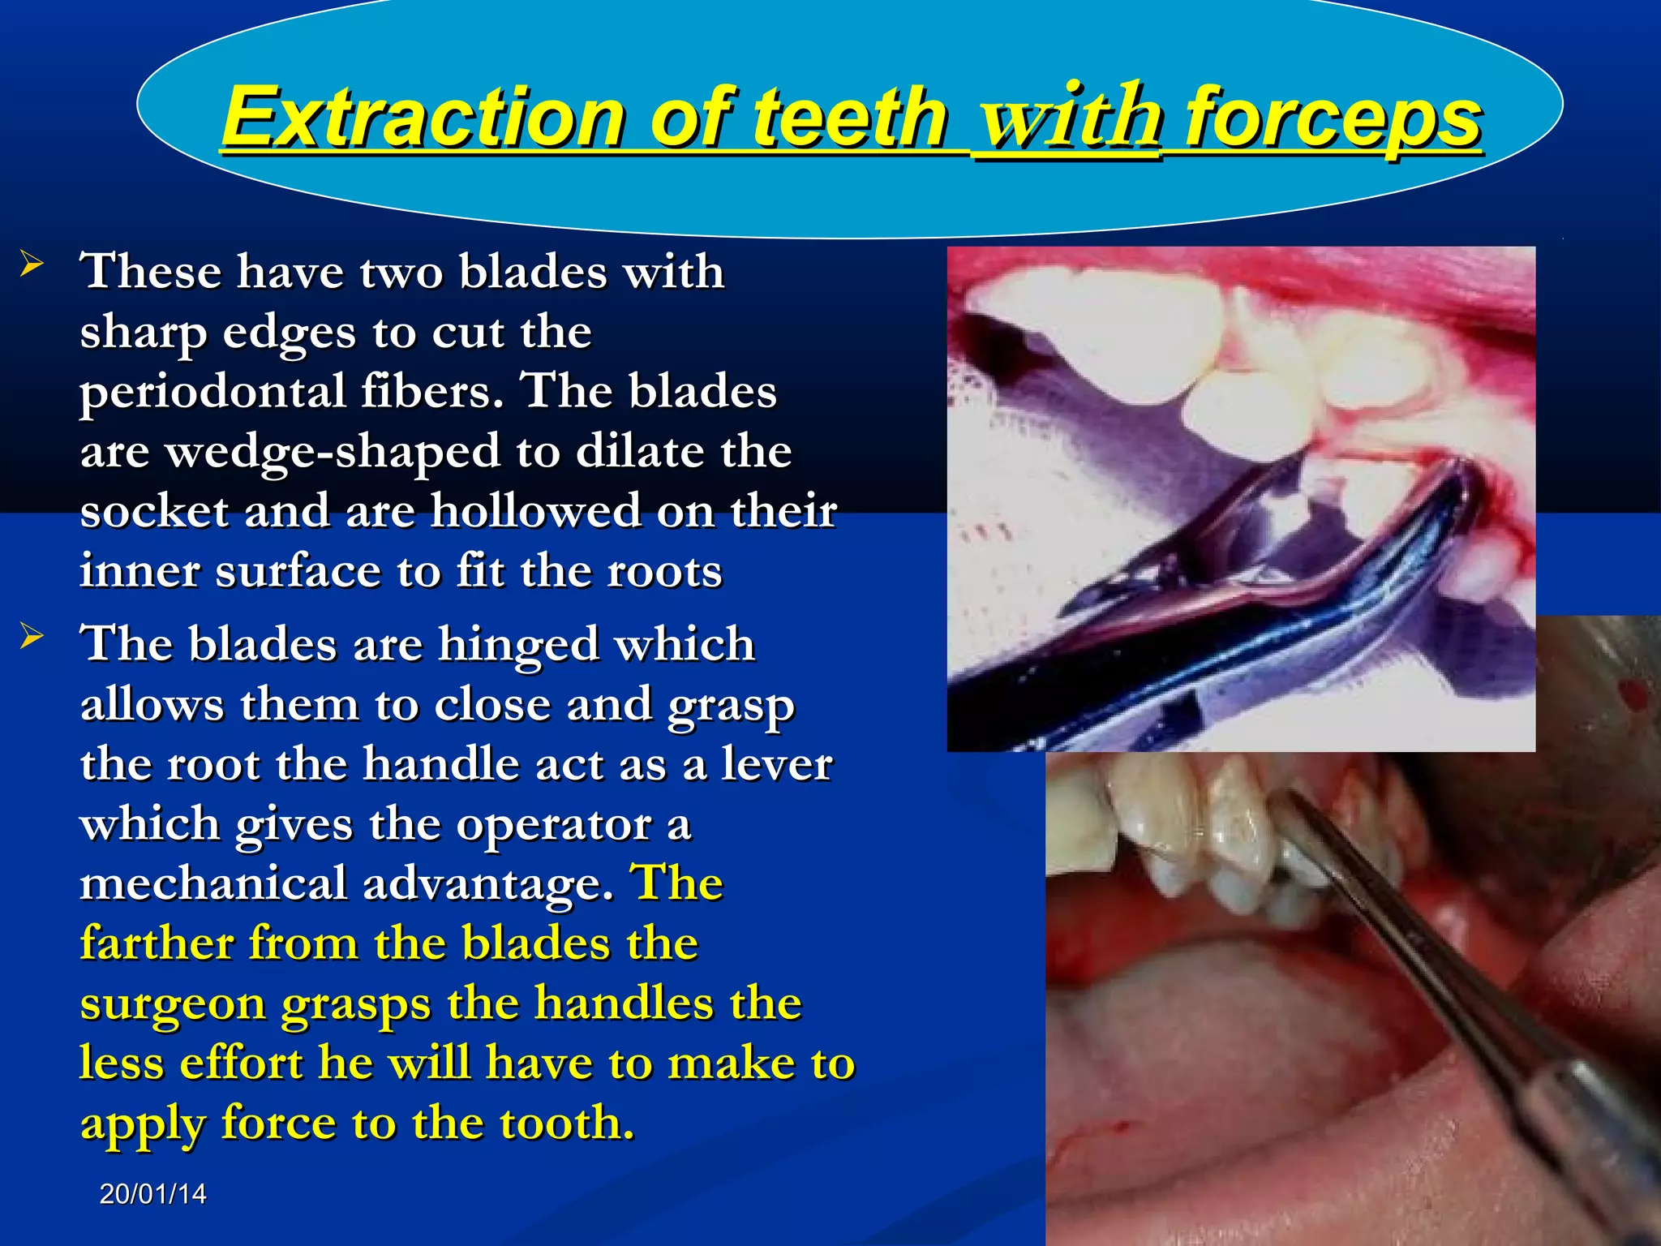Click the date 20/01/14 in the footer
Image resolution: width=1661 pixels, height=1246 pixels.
(152, 1194)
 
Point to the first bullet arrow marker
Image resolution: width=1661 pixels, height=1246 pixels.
(32, 264)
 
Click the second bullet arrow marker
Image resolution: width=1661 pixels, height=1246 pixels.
(32, 636)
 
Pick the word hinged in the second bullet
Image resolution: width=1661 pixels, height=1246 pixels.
(519, 645)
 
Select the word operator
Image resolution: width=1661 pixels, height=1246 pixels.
(553, 825)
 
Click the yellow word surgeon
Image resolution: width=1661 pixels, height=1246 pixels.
(172, 1006)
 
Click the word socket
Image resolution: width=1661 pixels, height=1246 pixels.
(154, 512)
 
